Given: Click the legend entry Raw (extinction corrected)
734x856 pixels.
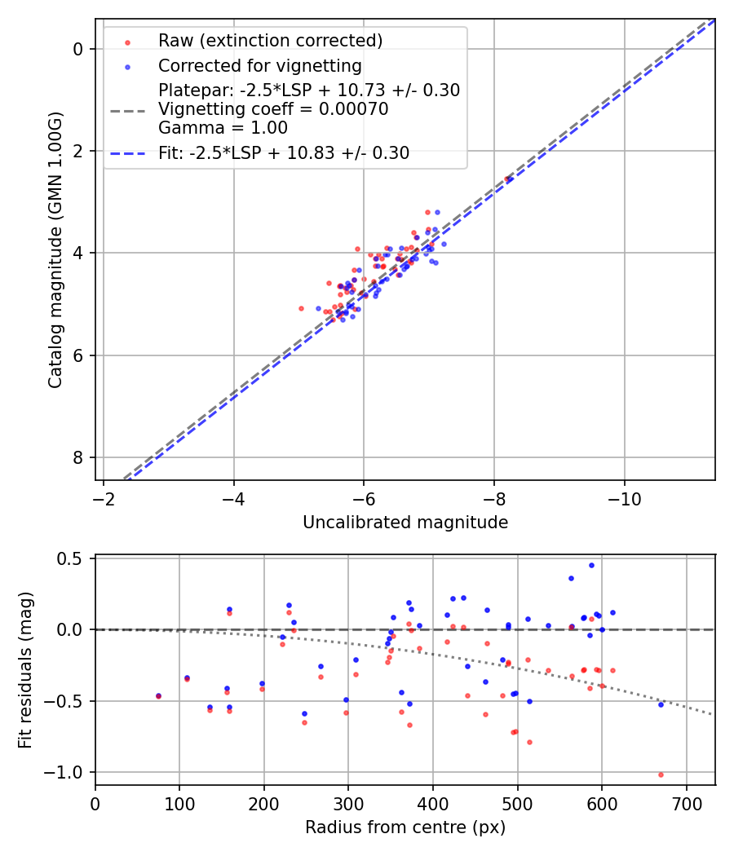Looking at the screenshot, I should coord(270,41).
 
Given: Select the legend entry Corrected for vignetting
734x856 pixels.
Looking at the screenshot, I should coord(259,65).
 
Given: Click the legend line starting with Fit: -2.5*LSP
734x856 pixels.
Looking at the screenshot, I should coord(283,152).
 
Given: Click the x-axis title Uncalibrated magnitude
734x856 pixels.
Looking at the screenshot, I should coord(405,523).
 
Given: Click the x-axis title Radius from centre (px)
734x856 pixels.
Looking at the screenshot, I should coord(405,827).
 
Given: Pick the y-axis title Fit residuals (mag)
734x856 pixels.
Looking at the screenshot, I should coord(26,670).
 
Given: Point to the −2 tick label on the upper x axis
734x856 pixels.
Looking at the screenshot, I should coord(104,497).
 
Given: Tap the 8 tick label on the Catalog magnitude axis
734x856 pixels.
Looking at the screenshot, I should coord(78,457).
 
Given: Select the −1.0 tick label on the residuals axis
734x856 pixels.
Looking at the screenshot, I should coord(69,772).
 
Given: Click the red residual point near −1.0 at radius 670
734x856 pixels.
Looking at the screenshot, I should coord(661,774).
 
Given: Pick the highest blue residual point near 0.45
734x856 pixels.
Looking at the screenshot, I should coord(591,565).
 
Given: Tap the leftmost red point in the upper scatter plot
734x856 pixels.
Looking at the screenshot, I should coord(301,308).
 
